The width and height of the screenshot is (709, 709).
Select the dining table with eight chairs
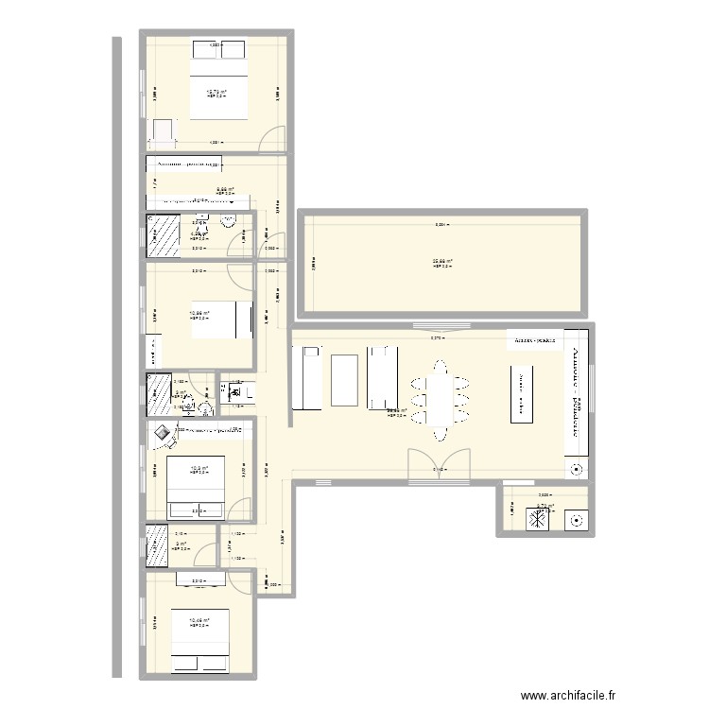(x=438, y=398)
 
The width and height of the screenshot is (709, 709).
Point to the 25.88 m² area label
(x=441, y=263)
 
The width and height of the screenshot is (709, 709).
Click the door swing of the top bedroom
(x=271, y=138)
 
